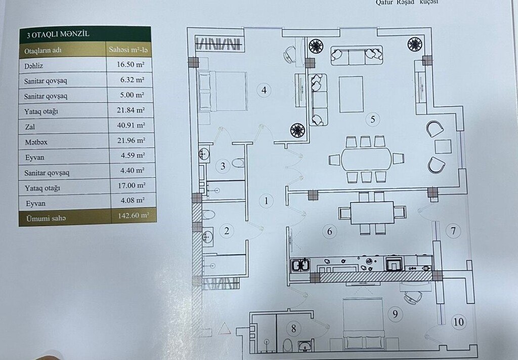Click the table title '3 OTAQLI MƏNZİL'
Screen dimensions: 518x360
tap(58, 34)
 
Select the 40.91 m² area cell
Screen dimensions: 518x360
tap(131, 125)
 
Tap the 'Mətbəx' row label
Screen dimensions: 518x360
tap(36, 142)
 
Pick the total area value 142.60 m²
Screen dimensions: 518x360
tap(134, 216)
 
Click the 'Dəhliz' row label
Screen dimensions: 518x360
tap(34, 66)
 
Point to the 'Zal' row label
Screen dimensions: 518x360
tap(30, 127)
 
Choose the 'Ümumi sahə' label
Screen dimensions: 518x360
tap(46, 219)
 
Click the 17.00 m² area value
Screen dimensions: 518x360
tap(132, 185)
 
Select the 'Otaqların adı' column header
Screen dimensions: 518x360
tap(43, 51)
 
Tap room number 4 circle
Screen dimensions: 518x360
tap(264, 90)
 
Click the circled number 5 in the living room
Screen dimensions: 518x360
tap(373, 119)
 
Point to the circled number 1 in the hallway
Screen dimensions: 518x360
tap(266, 201)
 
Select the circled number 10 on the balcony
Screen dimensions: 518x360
tap(458, 322)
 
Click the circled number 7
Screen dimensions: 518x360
tap(453, 230)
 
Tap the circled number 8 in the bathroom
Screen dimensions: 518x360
tap(293, 328)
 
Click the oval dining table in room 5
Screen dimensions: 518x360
tap(366, 159)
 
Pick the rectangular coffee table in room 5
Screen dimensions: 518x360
tap(351, 94)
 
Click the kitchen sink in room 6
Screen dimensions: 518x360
tap(300, 265)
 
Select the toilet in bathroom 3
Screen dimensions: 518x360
tap(238, 163)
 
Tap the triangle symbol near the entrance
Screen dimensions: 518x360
tap(224, 329)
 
